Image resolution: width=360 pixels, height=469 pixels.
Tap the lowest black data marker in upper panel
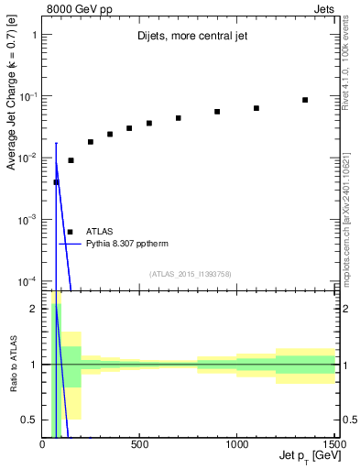56,182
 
